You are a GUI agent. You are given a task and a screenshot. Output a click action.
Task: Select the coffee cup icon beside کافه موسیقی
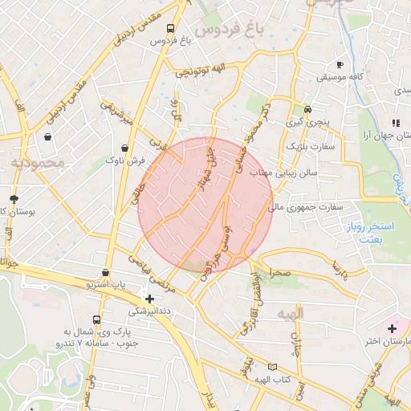pyautogui.click(x=340, y=64)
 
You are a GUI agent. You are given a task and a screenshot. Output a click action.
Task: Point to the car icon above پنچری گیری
pyautogui.click(x=307, y=110)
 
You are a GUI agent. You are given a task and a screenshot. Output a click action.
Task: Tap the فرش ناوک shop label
pyautogui.click(x=124, y=161)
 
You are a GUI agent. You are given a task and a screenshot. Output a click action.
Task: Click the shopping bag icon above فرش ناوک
pyautogui.click(x=124, y=148)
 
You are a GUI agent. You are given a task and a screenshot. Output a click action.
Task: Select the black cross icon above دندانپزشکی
pyautogui.click(x=149, y=299)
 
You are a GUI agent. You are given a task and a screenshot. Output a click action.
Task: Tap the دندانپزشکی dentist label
pyautogui.click(x=149, y=311)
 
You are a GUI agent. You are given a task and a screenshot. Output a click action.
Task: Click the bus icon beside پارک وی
pyautogui.click(x=97, y=319)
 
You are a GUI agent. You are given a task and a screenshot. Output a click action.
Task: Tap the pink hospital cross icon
pyautogui.click(x=392, y=328)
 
